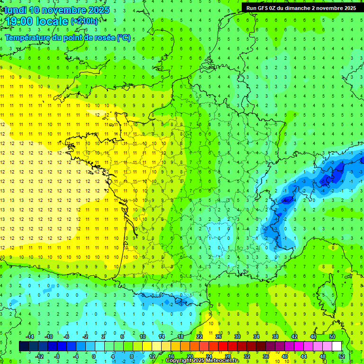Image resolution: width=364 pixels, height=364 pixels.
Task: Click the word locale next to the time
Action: (x=54, y=21)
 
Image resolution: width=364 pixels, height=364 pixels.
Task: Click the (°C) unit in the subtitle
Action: (x=124, y=37)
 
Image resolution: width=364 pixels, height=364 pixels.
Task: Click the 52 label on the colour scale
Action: (x=342, y=356)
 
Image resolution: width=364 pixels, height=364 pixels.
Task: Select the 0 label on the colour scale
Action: (x=94, y=356)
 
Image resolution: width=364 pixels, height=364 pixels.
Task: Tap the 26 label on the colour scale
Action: (x=218, y=337)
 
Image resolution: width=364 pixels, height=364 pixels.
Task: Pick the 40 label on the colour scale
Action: (x=285, y=356)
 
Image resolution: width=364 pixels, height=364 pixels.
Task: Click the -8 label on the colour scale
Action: (x=57, y=356)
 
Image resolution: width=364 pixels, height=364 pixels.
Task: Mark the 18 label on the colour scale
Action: (x=181, y=337)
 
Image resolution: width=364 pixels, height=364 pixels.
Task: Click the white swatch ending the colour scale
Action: (x=337, y=346)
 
